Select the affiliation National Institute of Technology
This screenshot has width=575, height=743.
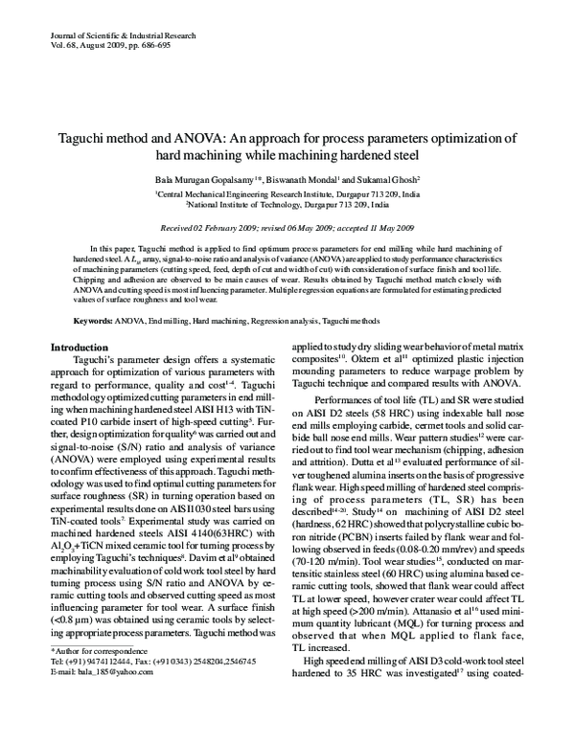click(x=250, y=204)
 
